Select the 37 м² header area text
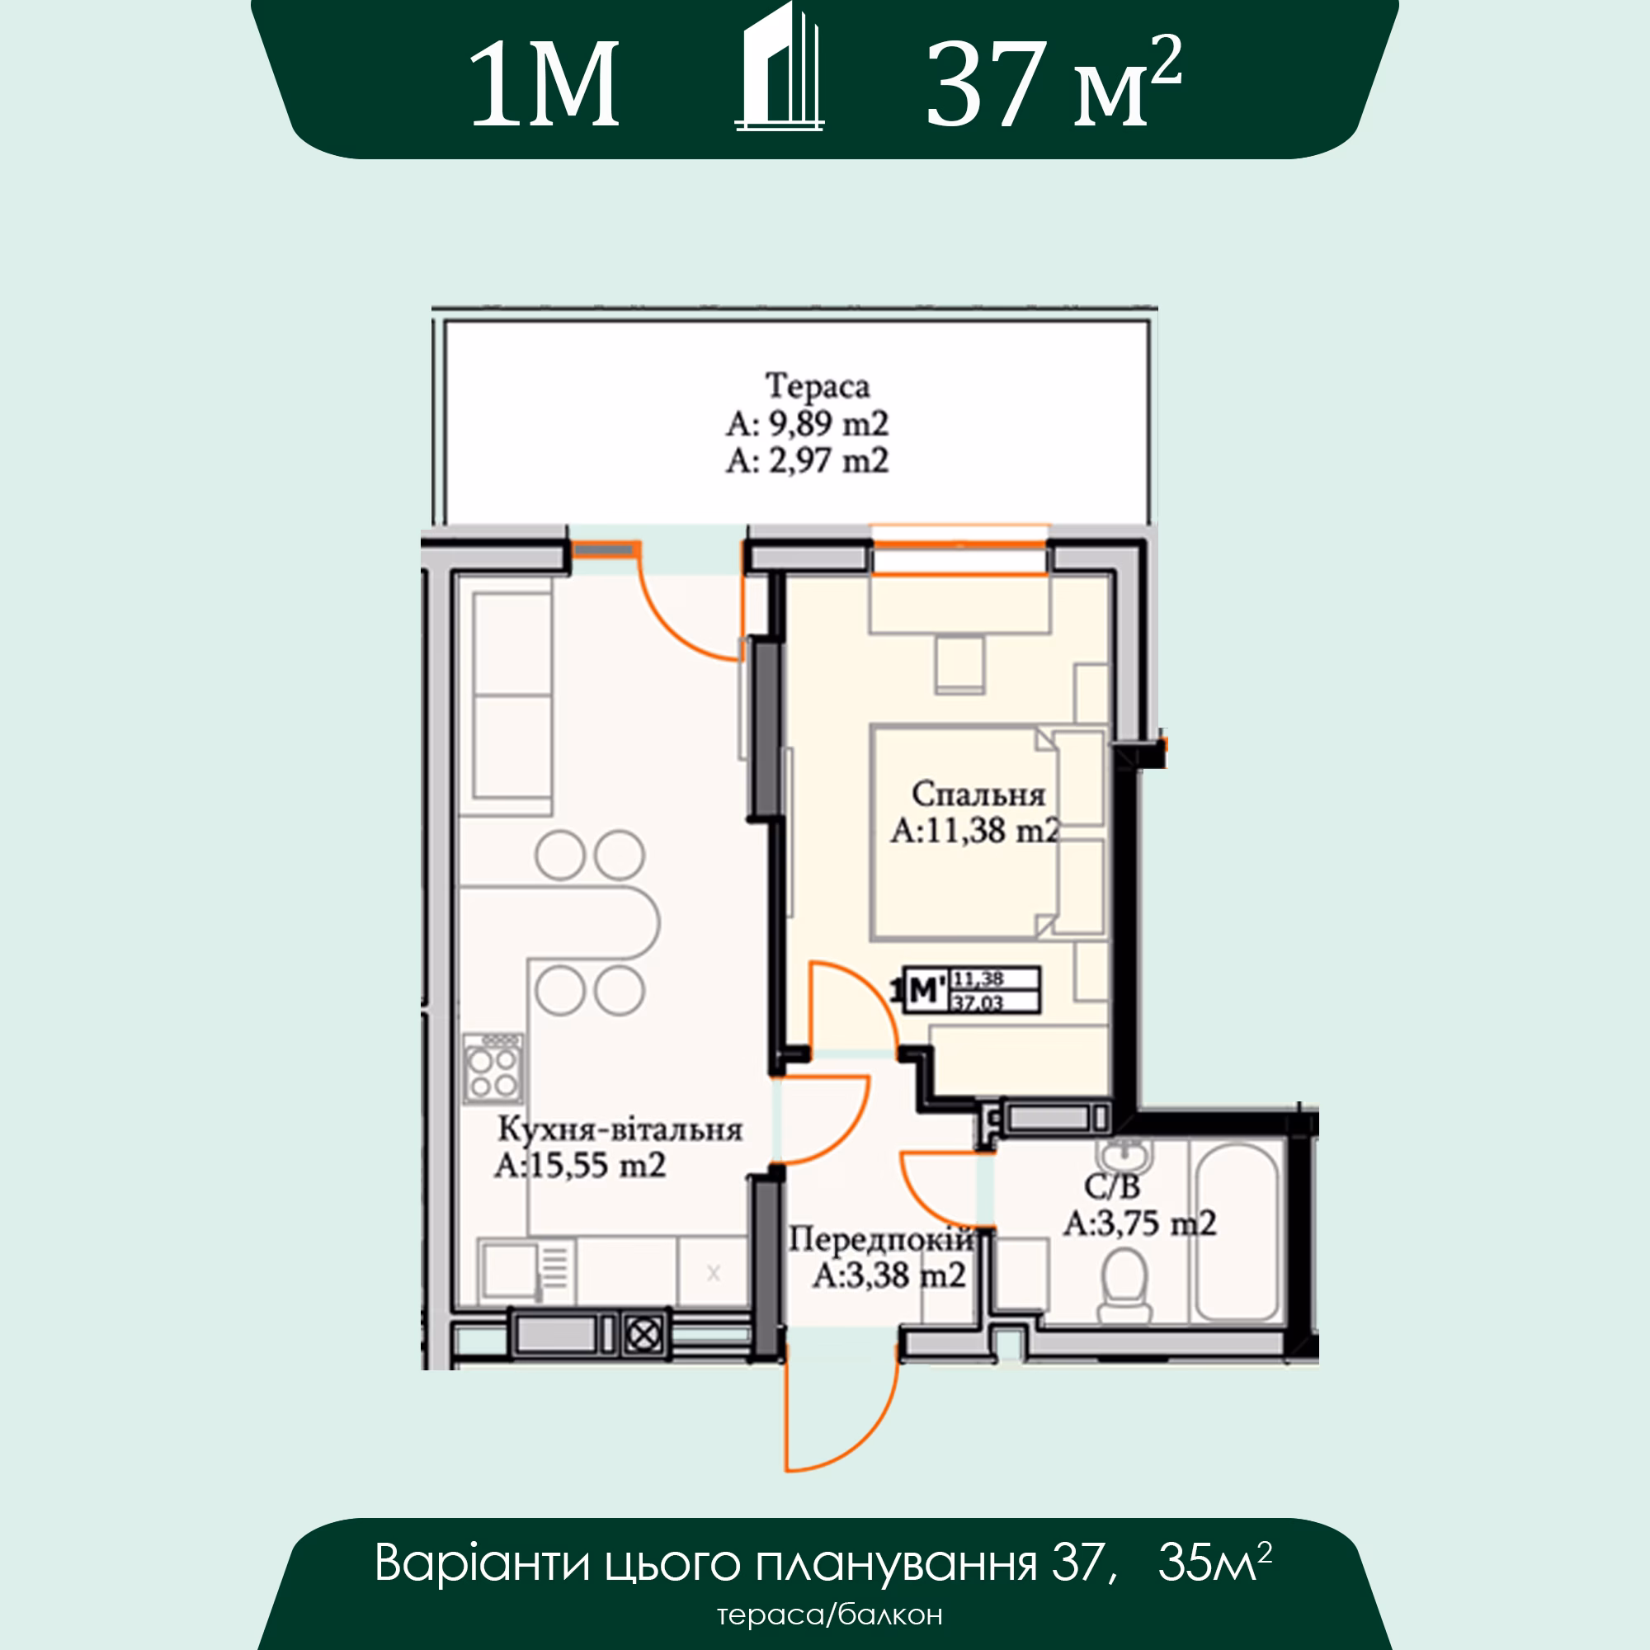1053,82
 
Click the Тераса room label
818,385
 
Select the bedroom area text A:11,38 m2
975,831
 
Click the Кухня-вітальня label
620,1130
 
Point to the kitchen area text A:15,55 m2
580,1166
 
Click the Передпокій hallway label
880,1240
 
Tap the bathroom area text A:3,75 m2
1140,1223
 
